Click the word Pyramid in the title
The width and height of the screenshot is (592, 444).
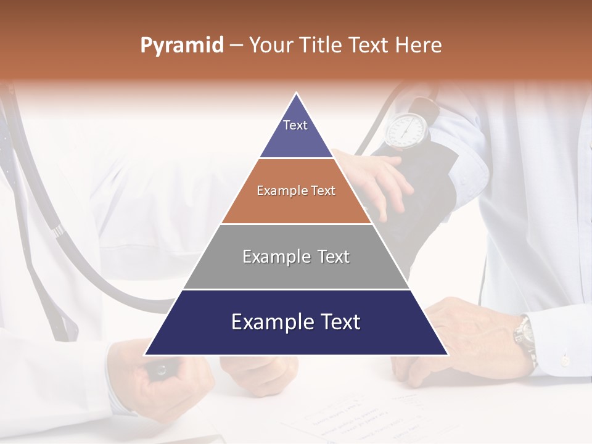(181, 46)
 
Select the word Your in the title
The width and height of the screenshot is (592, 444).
(271, 46)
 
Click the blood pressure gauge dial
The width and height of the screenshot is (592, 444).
(406, 129)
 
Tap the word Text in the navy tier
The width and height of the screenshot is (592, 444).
(337, 323)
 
